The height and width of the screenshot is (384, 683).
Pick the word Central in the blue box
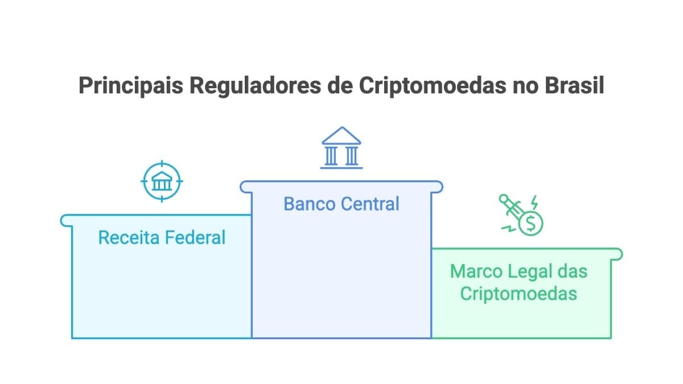point(371,204)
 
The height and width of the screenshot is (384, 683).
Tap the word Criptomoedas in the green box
point(519,294)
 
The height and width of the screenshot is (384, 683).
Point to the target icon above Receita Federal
point(162,181)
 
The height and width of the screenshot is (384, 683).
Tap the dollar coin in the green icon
point(530,224)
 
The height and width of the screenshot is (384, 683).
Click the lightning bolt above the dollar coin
point(534,203)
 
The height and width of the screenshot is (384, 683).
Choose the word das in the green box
point(573,271)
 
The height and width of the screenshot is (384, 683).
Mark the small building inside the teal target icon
point(162,182)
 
